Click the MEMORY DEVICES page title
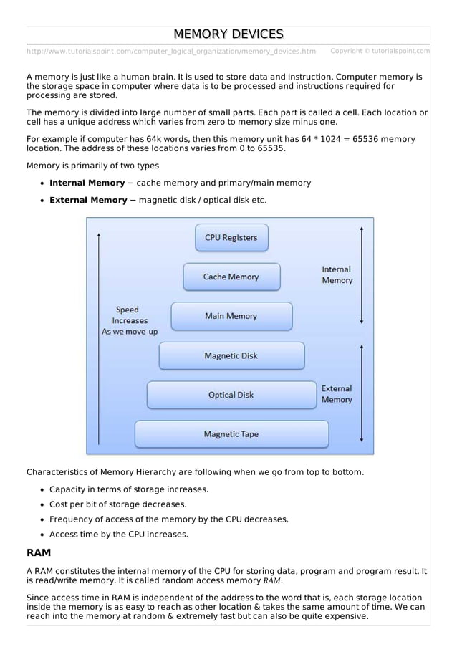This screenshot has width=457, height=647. pyautogui.click(x=228, y=34)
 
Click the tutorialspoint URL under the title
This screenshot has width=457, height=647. pyautogui.click(x=170, y=52)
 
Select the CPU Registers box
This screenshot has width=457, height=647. pyautogui.click(x=231, y=238)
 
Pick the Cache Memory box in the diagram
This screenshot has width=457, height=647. pyautogui.click(x=231, y=277)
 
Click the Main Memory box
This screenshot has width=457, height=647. pyautogui.click(x=231, y=316)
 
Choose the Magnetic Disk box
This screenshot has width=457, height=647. pyautogui.click(x=231, y=355)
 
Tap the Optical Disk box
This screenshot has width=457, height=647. pyautogui.click(x=231, y=395)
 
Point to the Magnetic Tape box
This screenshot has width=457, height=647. pyautogui.click(x=231, y=434)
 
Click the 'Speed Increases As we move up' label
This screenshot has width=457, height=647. pyautogui.click(x=130, y=321)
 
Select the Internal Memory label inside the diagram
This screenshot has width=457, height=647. pyautogui.click(x=337, y=275)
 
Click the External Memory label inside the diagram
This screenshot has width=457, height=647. pyautogui.click(x=337, y=394)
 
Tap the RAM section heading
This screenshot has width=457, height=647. pyautogui.click(x=39, y=553)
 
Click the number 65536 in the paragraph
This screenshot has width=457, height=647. pyautogui.click(x=370, y=139)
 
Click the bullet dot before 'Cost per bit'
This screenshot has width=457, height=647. pyautogui.click(x=42, y=504)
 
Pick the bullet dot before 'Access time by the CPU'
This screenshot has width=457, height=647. pyautogui.click(x=42, y=535)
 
